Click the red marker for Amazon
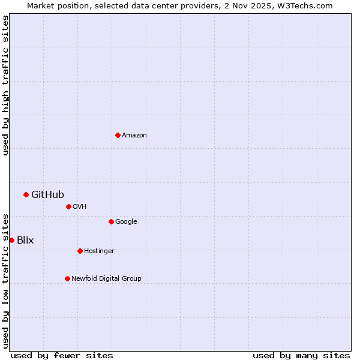pos(118,135)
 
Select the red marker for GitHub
pos(26,194)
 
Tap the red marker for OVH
pos(68,206)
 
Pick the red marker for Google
pos(111,221)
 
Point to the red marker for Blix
pos(11,240)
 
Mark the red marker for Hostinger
pos(80,251)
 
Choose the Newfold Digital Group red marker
pos(67,278)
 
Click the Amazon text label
pos(134,136)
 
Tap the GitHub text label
pos(47,194)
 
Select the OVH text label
pos(80,207)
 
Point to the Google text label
pos(126,222)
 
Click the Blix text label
pos(25,241)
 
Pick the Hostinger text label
pos(99,251)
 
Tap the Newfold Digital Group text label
pos(106,279)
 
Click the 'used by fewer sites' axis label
pos(62,355)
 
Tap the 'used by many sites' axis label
pos(301,355)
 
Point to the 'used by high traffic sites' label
pos(5,85)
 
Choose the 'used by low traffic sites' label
pos(5,280)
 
